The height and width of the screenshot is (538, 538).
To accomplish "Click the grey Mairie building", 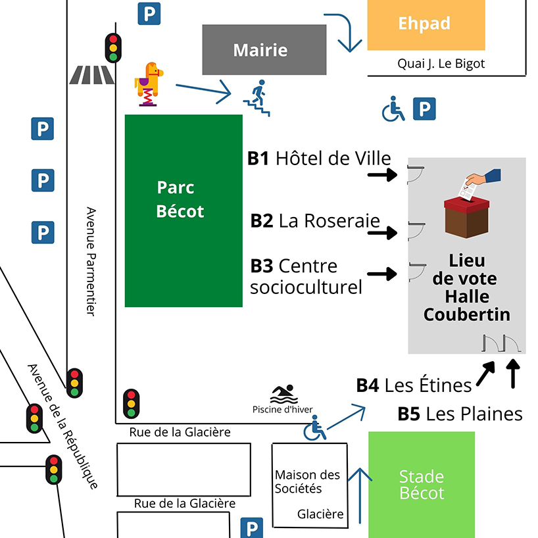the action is [264, 50].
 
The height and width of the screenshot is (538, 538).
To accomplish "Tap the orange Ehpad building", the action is [426, 25].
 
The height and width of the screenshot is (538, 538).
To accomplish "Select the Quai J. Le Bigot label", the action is [441, 64].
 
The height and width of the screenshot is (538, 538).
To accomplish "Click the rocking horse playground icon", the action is [149, 84].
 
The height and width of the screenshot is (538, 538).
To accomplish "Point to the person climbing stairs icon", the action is [257, 98].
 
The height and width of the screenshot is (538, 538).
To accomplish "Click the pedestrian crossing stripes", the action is [91, 75].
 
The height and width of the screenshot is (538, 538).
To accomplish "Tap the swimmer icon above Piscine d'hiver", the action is [284, 394].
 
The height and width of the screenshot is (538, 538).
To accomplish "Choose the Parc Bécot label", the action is [180, 199].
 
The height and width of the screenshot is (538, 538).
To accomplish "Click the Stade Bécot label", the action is [422, 485].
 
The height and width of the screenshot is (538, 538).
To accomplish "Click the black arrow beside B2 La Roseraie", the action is [382, 233].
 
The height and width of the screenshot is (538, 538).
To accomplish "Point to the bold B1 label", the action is [258, 159].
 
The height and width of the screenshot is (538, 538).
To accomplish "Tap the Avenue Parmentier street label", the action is [91, 262].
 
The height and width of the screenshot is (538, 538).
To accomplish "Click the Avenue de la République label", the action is [62, 426].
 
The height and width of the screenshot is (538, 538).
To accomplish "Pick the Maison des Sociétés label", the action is [307, 481].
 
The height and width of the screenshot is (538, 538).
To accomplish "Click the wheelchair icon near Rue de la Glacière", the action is [314, 428].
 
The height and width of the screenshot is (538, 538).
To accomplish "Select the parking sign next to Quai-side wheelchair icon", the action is [424, 109].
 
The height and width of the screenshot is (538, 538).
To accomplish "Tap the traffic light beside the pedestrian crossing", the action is [113, 48].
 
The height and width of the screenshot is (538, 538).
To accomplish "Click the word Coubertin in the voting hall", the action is [466, 314].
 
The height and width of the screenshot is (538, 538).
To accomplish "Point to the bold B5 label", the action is [408, 414].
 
